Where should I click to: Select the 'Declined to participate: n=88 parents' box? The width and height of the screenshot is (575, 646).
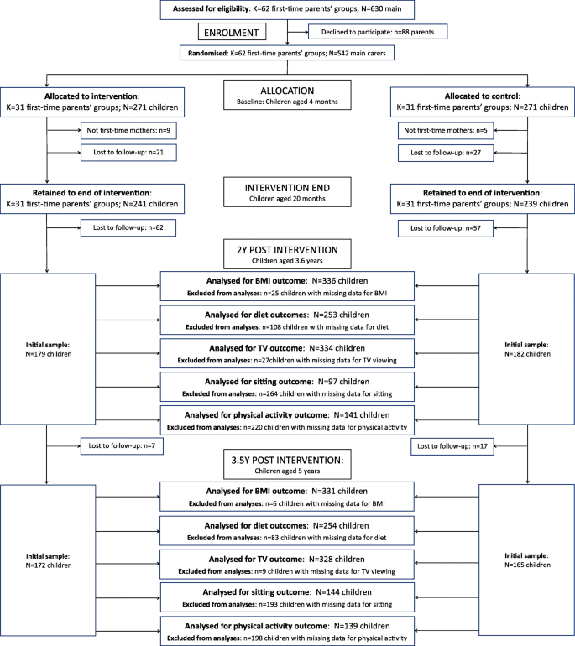[378, 31]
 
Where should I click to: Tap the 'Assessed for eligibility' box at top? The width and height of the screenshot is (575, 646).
[287, 8]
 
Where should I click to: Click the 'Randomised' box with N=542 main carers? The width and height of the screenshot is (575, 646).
[287, 52]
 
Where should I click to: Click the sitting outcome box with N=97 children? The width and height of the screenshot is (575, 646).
[287, 385]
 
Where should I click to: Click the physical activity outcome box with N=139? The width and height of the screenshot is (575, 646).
[287, 631]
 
